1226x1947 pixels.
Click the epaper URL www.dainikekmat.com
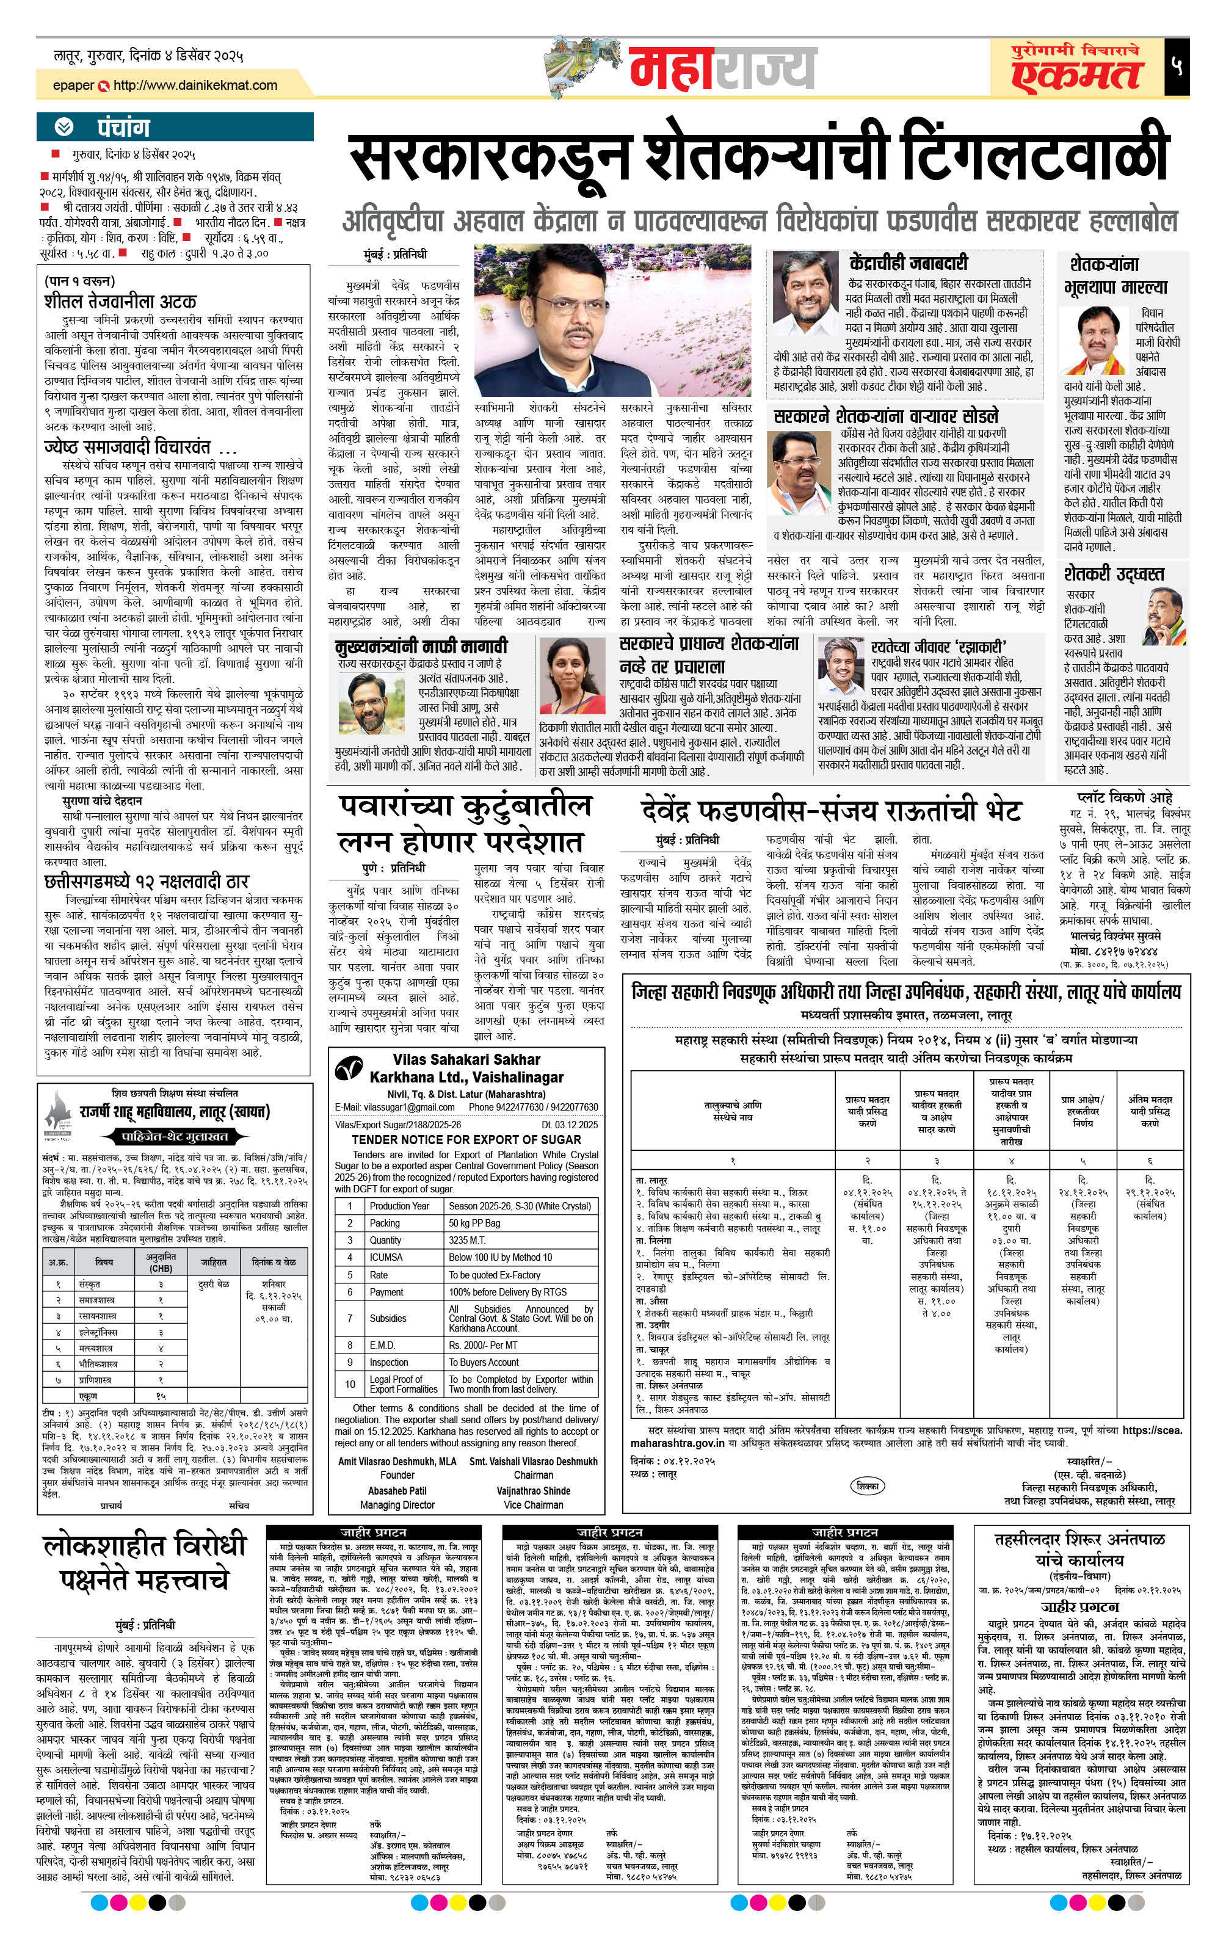194,85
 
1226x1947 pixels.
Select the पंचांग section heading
124,128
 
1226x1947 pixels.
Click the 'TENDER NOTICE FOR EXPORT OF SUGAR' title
466,1139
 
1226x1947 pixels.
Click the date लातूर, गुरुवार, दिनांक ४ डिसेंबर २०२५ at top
148,56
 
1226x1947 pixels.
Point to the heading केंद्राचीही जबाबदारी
908,263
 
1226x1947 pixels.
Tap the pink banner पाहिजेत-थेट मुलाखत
175,1136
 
